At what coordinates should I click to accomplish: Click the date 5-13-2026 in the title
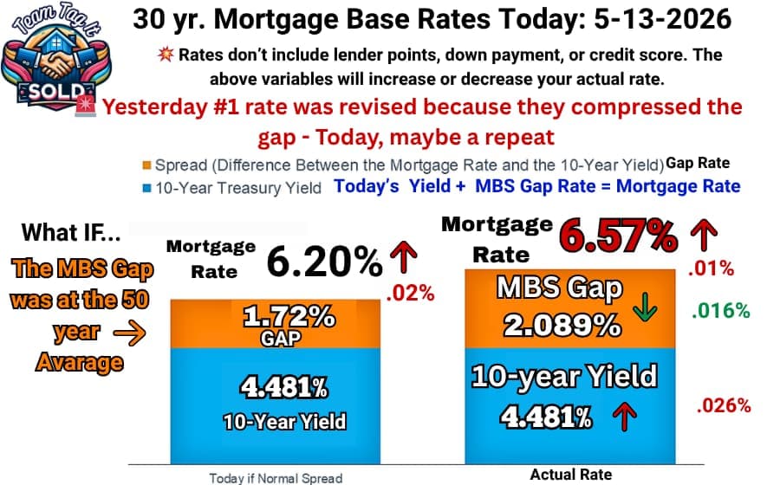663,20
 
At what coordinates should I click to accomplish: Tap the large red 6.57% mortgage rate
618,236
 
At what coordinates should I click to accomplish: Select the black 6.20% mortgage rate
325,262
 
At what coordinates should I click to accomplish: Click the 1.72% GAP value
288,316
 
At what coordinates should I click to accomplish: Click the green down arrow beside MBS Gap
645,307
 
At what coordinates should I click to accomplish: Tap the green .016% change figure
721,311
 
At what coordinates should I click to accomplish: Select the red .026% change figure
724,405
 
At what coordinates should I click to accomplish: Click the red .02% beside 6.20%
411,294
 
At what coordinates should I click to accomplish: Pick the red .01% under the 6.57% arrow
711,268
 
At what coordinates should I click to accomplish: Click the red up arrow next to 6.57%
704,236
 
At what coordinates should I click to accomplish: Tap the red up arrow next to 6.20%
403,257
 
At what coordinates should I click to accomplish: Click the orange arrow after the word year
129,333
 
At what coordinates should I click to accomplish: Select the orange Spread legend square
146,165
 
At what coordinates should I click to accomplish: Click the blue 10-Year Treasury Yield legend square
146,188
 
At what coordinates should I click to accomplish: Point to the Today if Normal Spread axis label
276,478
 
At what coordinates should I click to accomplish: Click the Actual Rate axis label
571,475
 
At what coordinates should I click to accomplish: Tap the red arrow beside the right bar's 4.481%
625,416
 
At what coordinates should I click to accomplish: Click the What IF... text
71,233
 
